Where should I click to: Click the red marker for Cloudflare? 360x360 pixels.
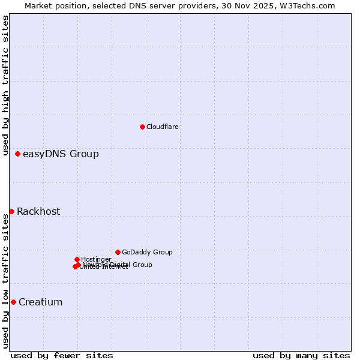[142, 127]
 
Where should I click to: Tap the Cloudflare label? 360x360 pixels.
[163, 127]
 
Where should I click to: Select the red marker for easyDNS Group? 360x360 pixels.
[18, 154]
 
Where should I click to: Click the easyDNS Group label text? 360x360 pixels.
[61, 154]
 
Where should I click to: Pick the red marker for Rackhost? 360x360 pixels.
[12, 211]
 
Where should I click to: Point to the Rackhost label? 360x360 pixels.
[38, 211]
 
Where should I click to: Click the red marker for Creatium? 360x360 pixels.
[13, 302]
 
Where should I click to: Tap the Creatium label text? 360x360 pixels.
[41, 302]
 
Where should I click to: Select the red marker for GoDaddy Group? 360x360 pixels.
[118, 252]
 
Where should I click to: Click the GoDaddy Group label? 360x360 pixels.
[147, 252]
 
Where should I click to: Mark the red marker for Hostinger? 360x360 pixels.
[77, 259]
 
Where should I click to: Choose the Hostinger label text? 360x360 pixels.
[96, 259]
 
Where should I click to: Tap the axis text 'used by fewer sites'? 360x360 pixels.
[62, 355]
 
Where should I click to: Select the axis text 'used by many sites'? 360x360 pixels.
[301, 355]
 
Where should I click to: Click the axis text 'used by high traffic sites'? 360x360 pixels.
[6, 86]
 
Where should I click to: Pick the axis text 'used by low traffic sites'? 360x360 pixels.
[6, 281]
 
